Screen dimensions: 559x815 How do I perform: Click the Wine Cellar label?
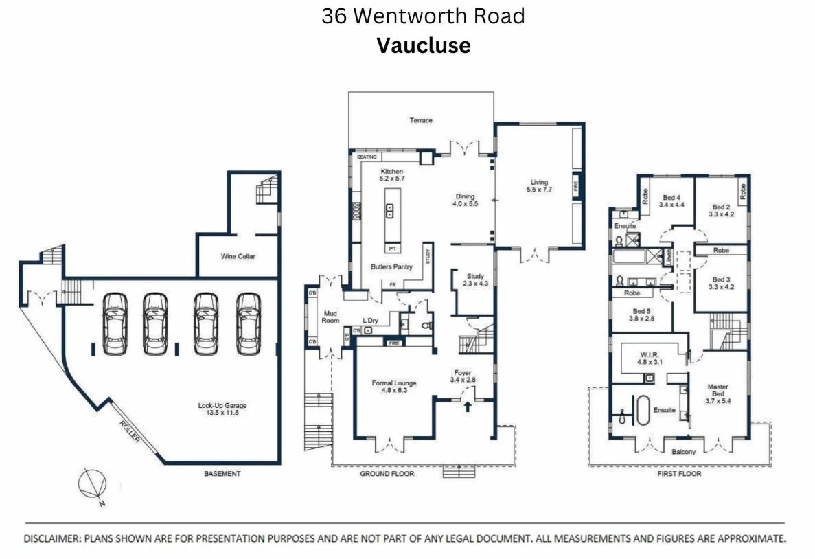pos(238,256)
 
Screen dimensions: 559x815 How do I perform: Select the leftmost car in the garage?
pos(115,323)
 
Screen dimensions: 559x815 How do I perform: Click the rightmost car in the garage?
pos(249,323)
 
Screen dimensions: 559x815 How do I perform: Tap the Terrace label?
pos(421,120)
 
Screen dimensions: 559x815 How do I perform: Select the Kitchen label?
pos(391,172)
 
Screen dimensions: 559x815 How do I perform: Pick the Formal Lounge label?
pos(394,383)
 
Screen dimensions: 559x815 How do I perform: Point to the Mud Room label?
pos(331,317)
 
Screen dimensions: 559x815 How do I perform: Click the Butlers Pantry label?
pos(391,266)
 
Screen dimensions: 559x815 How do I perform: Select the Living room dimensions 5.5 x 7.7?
pos(539,190)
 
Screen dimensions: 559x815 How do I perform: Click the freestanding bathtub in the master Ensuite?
pos(643,411)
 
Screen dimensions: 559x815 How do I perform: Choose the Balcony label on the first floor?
pos(683,451)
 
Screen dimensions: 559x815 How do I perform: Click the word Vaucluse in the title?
pos(423,45)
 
